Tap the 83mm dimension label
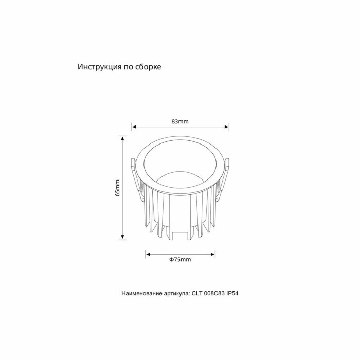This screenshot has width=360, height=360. coord(180,122)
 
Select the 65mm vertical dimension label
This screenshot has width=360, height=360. coord(117,188)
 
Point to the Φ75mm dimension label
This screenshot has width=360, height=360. coord(180,260)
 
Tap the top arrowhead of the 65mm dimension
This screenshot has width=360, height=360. coord(122,138)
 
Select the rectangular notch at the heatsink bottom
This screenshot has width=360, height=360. coord(180,236)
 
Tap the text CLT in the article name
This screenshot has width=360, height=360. coord(197,294)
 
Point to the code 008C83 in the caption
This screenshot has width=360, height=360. coord(215,294)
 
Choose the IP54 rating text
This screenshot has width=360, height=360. coord(235,294)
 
